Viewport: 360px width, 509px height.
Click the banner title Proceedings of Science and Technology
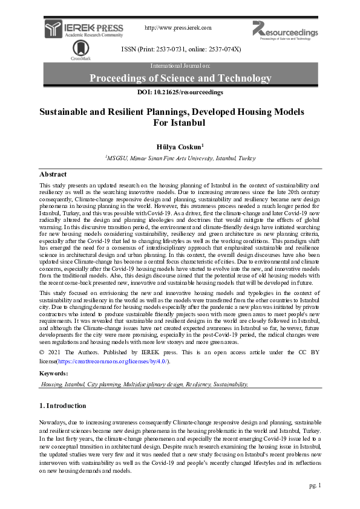point(180,79)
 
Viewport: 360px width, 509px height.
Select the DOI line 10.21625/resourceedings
point(180,92)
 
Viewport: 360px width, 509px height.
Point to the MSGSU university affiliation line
point(180,157)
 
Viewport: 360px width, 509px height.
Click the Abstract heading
point(53,174)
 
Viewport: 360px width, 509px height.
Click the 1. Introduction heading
point(63,406)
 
